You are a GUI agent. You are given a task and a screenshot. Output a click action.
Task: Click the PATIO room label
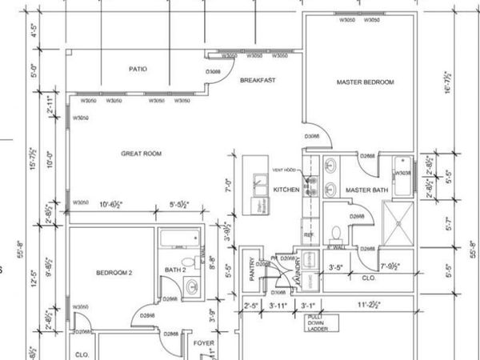point(138,70)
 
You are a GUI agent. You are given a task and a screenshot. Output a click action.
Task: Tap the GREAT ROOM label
point(142,154)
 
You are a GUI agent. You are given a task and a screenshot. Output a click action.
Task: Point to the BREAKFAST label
point(258,81)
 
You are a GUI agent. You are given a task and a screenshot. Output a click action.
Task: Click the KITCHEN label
point(286,190)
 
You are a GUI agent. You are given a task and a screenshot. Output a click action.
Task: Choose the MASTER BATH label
point(366,190)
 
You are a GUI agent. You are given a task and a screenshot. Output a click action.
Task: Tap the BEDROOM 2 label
point(114,273)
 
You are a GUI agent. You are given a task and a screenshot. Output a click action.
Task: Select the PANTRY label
point(251,270)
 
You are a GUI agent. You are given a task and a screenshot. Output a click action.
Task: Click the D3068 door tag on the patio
point(212,72)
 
